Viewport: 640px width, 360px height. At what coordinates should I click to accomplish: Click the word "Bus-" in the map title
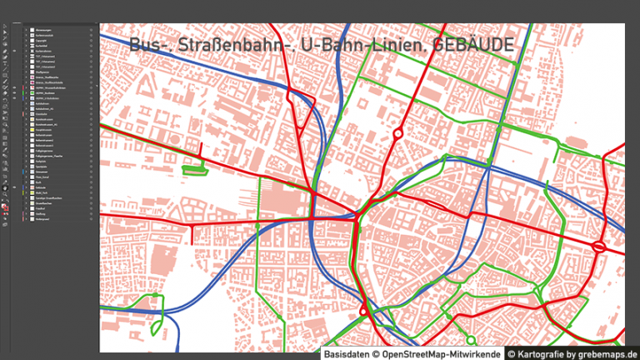coord(147,47)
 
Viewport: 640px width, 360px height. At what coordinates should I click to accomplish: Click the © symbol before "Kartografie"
coord(512,353)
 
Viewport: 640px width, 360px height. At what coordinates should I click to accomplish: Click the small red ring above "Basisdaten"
coord(363,312)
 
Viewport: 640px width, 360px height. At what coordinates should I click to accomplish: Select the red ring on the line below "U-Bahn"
coord(397,133)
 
